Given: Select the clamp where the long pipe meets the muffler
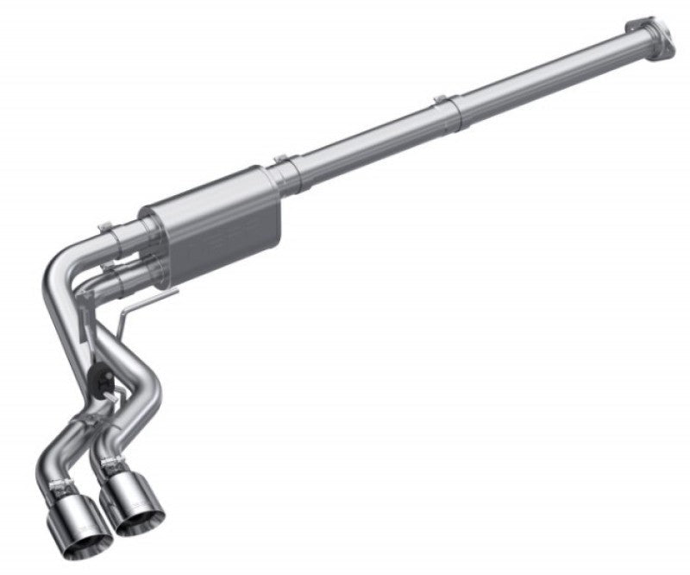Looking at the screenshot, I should pos(285,164).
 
